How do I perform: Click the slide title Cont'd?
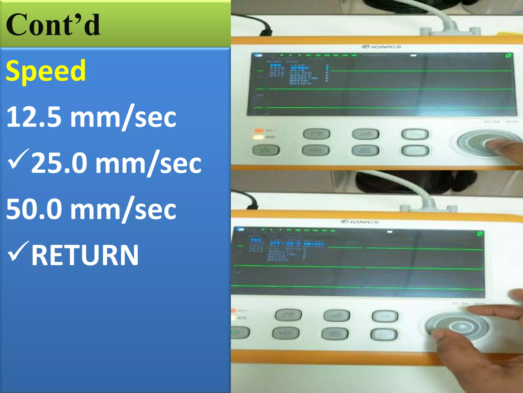(53, 25)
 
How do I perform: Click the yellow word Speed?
(46, 70)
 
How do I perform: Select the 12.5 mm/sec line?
(91, 117)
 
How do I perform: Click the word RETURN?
(85, 255)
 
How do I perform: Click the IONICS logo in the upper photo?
(382, 47)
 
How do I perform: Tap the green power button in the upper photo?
(266, 150)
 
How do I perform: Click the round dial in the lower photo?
(457, 326)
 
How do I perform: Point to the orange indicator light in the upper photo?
(258, 130)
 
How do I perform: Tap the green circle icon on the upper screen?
(508, 56)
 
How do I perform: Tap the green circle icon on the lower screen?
(480, 234)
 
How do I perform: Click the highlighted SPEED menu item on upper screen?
(299, 68)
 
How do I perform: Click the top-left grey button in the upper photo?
(316, 134)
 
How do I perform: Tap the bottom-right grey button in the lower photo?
(384, 334)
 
